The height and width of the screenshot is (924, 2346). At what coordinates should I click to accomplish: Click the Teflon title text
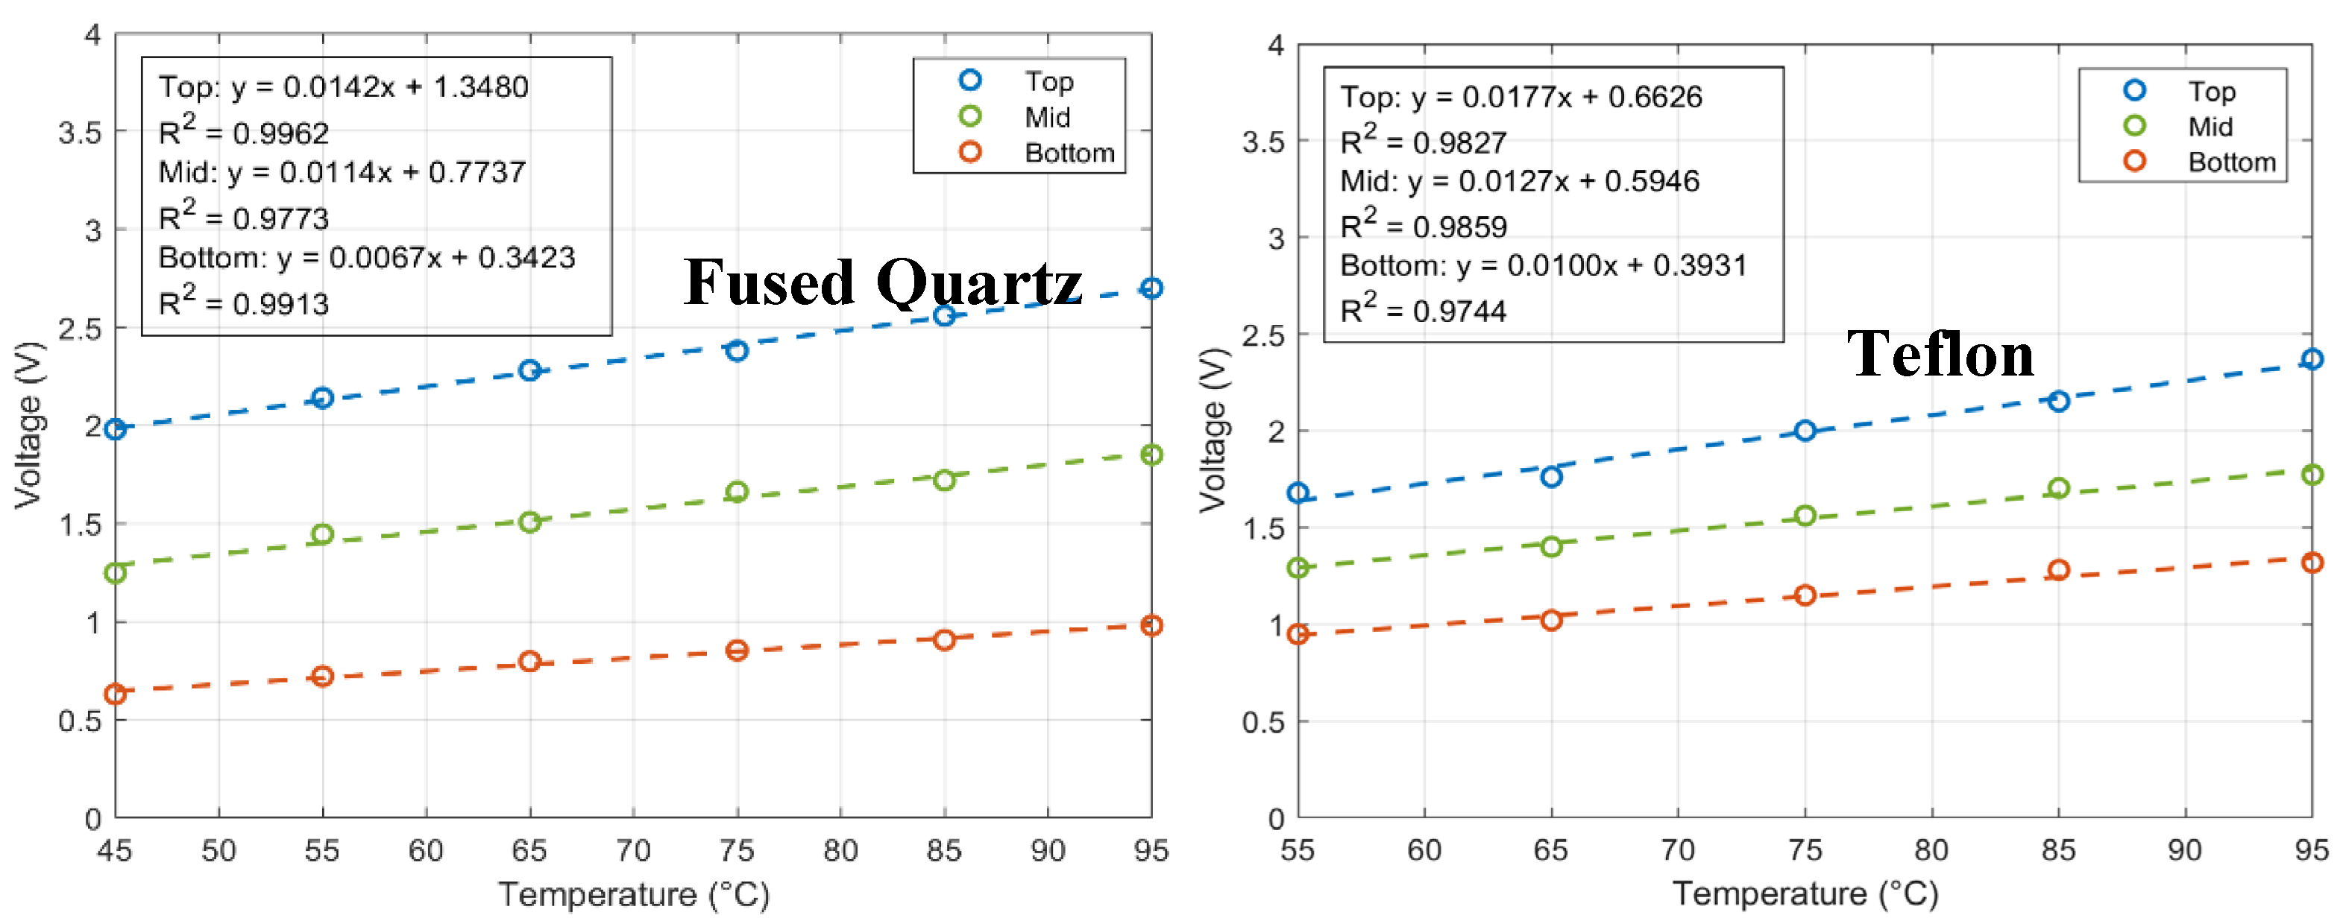click(1940, 354)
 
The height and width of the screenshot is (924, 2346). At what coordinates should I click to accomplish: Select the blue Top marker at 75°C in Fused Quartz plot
click(737, 350)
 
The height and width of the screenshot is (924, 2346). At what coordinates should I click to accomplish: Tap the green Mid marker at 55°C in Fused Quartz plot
click(321, 534)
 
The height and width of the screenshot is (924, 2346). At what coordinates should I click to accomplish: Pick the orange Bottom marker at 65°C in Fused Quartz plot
click(529, 661)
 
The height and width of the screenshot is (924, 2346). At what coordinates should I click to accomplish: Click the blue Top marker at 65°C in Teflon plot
click(1551, 477)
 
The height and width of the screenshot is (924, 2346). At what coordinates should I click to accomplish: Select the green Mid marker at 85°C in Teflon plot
click(2058, 488)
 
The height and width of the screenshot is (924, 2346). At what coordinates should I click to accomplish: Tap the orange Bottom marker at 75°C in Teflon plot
click(1804, 595)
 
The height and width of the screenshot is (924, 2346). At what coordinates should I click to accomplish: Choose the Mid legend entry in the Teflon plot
click(2210, 127)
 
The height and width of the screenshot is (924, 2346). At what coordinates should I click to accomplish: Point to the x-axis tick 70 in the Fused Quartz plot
click(632, 850)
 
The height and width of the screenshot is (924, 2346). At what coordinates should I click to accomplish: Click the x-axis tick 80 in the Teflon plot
click(1931, 849)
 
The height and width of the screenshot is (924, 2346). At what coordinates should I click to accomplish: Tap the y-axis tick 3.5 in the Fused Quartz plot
click(80, 133)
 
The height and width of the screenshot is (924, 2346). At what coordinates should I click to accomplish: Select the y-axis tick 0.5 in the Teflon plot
click(1262, 722)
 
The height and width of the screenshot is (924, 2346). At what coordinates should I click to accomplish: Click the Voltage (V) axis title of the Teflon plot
click(1213, 430)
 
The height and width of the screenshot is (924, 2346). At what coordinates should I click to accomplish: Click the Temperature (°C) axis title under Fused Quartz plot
click(633, 894)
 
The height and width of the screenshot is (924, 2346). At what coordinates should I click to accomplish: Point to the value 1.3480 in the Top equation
click(480, 87)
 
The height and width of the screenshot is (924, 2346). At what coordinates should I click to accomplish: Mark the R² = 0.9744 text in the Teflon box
click(1423, 311)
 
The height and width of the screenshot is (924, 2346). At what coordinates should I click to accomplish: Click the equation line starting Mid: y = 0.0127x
click(1519, 181)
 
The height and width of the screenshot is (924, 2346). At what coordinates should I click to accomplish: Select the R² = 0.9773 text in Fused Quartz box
click(243, 217)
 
